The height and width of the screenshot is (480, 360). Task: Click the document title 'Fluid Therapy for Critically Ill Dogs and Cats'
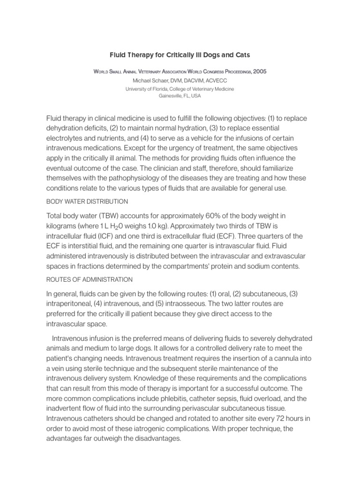(180, 55)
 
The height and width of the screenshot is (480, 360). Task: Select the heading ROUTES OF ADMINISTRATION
(89, 280)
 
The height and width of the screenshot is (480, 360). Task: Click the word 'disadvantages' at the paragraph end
(154, 438)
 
